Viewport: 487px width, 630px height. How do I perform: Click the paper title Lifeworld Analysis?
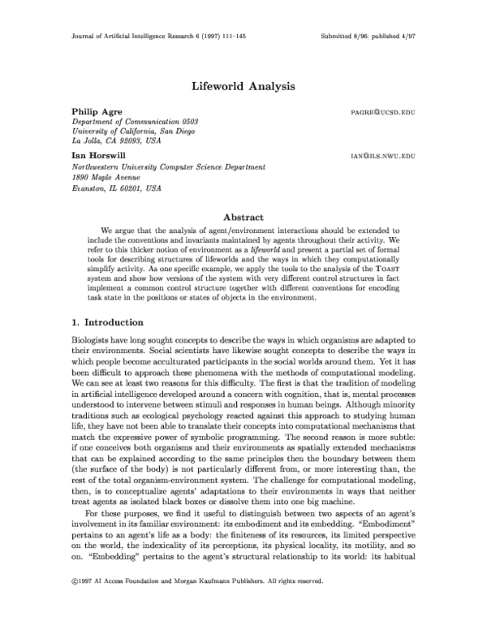[243, 84]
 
